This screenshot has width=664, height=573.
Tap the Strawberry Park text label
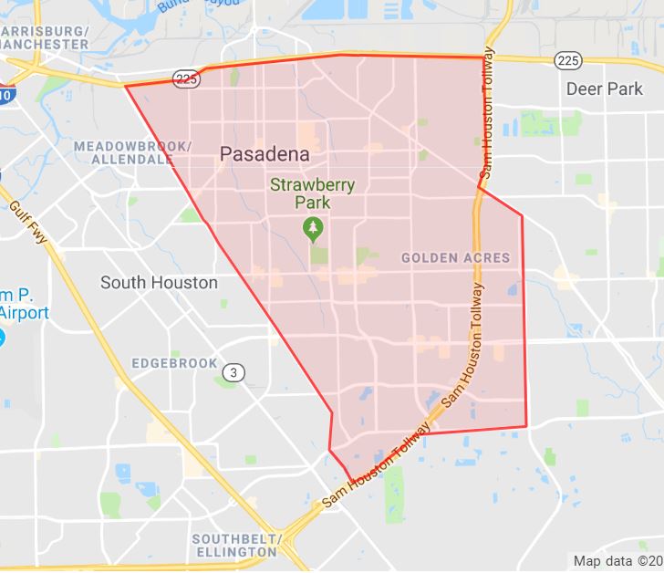click(x=312, y=193)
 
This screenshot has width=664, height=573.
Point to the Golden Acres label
click(x=456, y=258)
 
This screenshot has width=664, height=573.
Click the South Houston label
click(x=159, y=283)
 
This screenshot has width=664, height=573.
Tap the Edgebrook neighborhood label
click(x=174, y=363)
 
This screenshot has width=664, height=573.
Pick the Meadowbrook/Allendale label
click(x=132, y=152)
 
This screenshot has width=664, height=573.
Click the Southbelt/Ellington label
click(x=234, y=545)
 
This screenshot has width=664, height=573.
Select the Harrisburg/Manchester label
click(x=45, y=36)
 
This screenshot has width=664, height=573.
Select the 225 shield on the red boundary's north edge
click(x=186, y=79)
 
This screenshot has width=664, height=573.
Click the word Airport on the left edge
click(x=25, y=313)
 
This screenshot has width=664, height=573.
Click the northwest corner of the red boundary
click(x=125, y=87)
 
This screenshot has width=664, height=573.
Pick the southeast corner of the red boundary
click(x=527, y=426)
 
